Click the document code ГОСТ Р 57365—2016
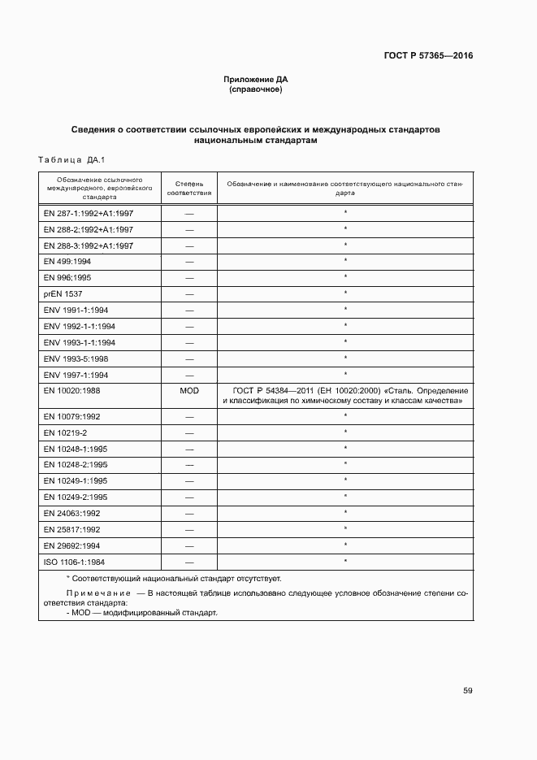click(428, 56)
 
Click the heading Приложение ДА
click(256, 80)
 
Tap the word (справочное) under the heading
click(256, 89)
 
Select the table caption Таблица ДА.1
click(72, 159)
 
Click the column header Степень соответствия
click(189, 189)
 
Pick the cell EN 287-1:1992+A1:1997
click(89, 213)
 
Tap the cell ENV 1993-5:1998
click(76, 358)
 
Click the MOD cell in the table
click(189, 391)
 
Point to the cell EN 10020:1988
click(72, 391)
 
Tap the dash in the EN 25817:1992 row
click(189, 529)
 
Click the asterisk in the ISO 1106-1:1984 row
click(345, 561)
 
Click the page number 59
click(468, 691)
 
